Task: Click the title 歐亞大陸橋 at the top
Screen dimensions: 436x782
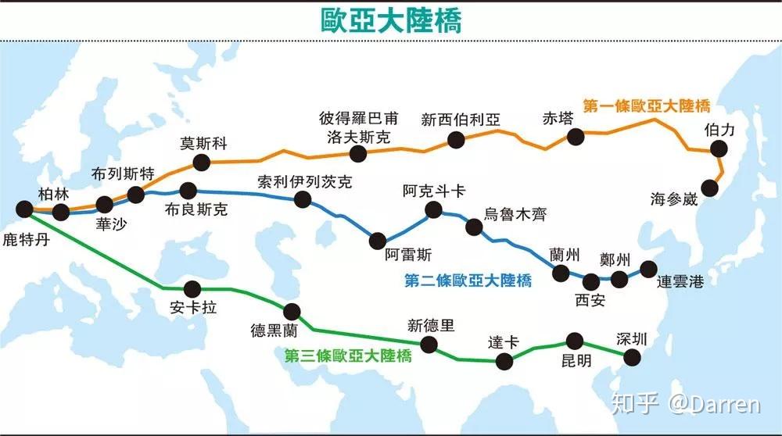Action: click(x=391, y=20)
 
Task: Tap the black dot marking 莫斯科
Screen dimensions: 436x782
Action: click(x=202, y=163)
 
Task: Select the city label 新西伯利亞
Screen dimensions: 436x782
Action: click(x=460, y=120)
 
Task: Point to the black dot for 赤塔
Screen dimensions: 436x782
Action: click(x=576, y=137)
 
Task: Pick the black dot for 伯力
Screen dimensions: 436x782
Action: click(x=719, y=151)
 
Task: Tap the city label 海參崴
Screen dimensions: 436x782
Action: click(x=673, y=199)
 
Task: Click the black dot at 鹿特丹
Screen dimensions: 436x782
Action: click(x=25, y=209)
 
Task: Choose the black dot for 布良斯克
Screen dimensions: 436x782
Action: click(x=188, y=190)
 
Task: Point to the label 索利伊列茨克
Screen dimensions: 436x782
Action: click(x=304, y=182)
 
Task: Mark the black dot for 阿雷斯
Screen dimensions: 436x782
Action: click(x=378, y=241)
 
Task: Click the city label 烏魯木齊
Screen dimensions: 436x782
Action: click(x=517, y=214)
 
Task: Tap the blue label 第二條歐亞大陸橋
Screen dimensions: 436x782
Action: click(x=468, y=281)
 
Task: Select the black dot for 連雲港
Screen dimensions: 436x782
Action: click(x=648, y=269)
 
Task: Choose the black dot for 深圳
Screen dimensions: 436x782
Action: click(x=632, y=357)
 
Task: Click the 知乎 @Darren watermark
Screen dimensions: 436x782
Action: click(x=685, y=404)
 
